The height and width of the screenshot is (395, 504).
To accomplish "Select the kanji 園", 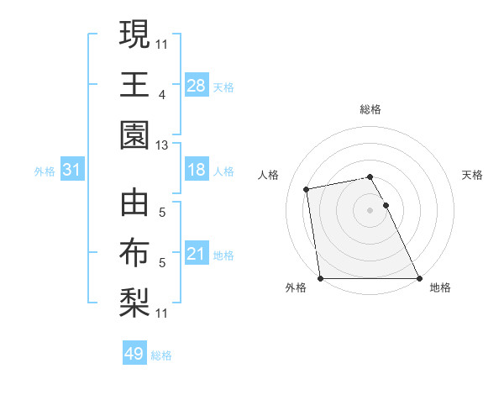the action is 134,135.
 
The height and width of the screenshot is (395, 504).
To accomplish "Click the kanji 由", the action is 134,204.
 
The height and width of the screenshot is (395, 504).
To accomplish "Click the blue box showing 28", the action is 196,85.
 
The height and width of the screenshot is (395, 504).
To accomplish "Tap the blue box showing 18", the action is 196,170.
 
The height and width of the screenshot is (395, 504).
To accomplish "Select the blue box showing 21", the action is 196,253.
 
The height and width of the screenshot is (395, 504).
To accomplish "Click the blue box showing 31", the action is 72,170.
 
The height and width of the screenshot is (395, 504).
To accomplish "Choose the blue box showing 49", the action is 134,354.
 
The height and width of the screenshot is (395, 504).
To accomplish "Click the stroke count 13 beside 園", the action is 161,145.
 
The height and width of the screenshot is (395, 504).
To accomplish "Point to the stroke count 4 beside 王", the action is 161,95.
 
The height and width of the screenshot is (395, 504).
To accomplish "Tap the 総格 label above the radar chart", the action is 370,109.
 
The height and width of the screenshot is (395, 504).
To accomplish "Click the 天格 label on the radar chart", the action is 473,175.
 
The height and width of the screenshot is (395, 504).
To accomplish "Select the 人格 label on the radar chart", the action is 270,175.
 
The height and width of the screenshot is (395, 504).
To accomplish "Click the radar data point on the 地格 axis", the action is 419,278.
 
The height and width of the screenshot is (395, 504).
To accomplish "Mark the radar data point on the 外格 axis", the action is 321,278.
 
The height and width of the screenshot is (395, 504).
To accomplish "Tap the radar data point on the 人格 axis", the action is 307,189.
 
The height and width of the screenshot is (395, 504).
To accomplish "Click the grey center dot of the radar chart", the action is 370,209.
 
